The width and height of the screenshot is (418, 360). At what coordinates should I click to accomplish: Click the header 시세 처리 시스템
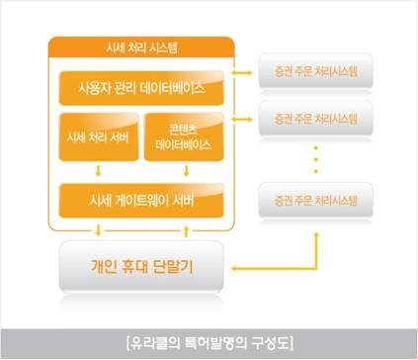[140, 47]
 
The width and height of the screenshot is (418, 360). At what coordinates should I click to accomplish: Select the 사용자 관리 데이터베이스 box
[140, 88]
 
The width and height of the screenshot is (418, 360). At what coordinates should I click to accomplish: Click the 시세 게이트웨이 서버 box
[140, 200]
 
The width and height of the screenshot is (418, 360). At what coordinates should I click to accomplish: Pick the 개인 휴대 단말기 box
[144, 264]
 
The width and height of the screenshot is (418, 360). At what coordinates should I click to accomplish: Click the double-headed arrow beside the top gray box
[241, 72]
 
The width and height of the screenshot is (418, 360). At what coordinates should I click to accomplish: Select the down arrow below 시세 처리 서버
[97, 170]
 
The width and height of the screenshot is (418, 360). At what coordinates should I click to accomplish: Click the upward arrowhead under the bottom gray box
[315, 237]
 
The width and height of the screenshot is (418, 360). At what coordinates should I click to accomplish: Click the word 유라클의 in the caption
[151, 343]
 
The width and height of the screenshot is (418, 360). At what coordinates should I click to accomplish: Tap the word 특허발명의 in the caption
[209, 343]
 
